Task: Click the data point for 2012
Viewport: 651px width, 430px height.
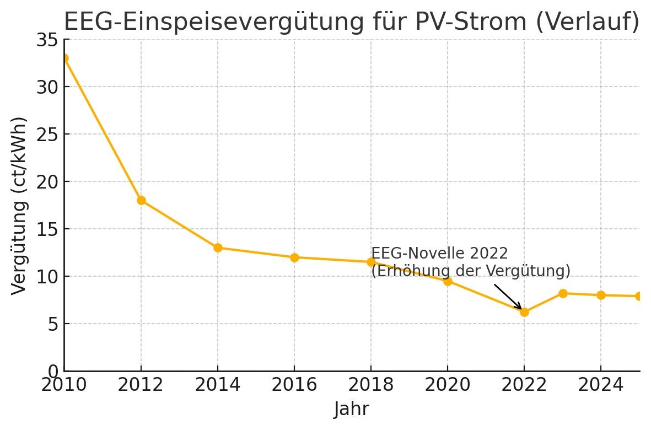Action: [x=141, y=200]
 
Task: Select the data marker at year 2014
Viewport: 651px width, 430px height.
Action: [x=218, y=248]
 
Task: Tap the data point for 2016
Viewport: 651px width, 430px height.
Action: [x=294, y=257]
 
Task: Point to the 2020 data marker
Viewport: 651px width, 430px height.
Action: [x=448, y=281]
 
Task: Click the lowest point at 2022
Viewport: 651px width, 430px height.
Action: [x=524, y=312]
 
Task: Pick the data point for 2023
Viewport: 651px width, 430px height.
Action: [x=563, y=293]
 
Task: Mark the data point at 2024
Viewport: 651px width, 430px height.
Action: [x=601, y=295]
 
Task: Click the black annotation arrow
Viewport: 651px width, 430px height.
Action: [x=507, y=297]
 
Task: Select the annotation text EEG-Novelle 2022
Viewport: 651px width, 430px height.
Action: [x=439, y=254]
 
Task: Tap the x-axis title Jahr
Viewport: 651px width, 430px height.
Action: [x=351, y=410]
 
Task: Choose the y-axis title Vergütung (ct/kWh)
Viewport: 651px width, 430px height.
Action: [x=19, y=206]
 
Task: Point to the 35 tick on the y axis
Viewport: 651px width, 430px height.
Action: [x=48, y=40]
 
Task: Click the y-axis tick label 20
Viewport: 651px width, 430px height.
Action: [x=48, y=182]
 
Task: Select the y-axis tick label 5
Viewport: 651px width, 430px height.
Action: [x=52, y=324]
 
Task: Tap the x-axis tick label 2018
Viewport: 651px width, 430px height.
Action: [x=371, y=385]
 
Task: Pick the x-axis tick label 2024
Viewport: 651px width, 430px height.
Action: [x=601, y=385]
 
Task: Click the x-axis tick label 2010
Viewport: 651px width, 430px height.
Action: [x=64, y=385]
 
